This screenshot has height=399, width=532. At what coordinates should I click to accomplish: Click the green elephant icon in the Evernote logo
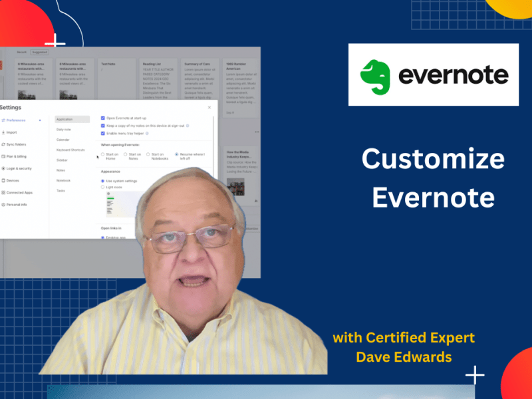tap(378, 75)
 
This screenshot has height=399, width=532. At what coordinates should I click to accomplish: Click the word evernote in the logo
tap(453, 75)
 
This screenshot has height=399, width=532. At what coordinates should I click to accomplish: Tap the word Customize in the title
tap(433, 160)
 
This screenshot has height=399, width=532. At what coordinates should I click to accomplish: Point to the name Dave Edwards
tap(404, 357)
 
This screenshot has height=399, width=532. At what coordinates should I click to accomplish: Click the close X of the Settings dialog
tap(209, 106)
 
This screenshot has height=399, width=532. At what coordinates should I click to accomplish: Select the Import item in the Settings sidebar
tap(11, 132)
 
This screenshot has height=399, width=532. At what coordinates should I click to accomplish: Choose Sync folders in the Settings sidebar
tap(15, 144)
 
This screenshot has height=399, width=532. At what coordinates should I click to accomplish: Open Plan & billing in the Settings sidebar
tap(17, 156)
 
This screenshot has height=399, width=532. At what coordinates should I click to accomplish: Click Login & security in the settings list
tap(18, 168)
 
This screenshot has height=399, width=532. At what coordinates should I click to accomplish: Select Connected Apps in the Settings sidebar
tap(19, 192)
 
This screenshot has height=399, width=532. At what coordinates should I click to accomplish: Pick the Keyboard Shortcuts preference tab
tap(70, 150)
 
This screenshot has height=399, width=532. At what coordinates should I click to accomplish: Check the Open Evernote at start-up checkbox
tap(102, 118)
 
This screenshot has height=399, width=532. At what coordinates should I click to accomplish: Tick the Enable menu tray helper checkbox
tap(102, 133)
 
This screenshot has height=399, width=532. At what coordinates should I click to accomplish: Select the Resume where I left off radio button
tap(176, 154)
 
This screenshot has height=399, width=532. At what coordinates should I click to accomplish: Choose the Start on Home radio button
tap(102, 154)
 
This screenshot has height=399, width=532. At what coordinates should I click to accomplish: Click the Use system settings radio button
tap(102, 180)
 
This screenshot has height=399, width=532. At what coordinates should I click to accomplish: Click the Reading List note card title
tap(152, 65)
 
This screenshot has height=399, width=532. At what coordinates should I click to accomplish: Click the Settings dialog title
tap(11, 107)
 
